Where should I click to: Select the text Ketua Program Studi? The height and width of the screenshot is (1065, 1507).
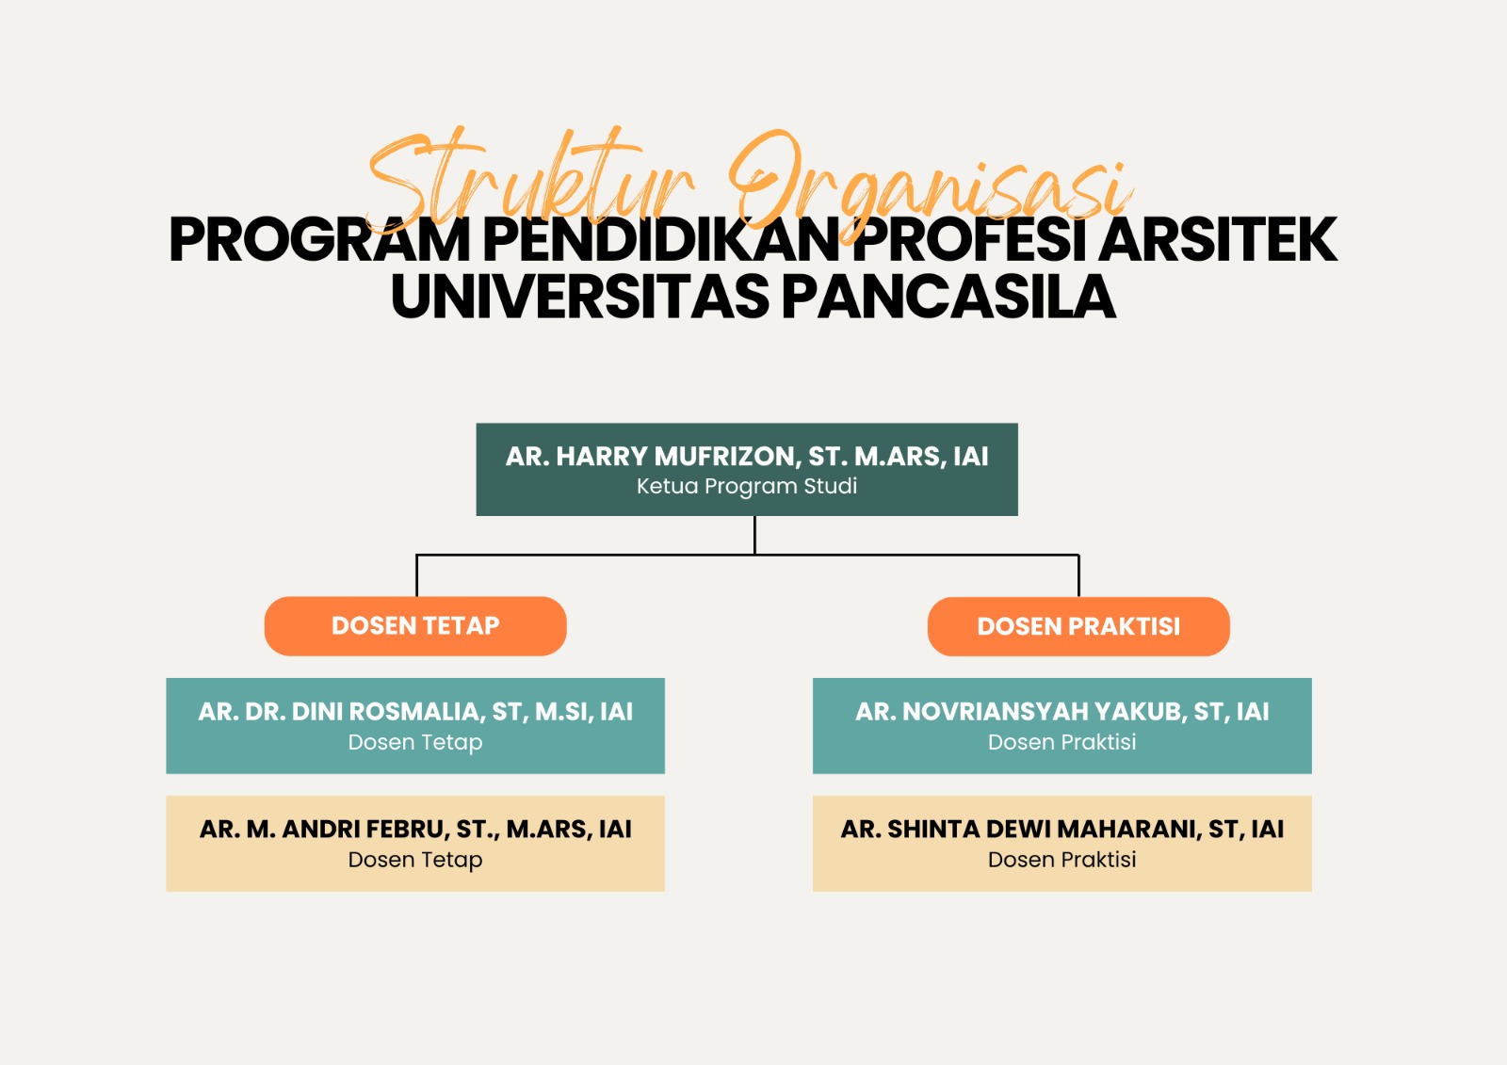click(747, 486)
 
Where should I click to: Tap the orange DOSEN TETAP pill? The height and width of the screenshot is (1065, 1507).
click(415, 625)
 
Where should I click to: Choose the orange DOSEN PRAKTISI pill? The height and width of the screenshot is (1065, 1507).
click(1078, 626)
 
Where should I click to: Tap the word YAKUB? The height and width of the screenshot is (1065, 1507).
click(1141, 712)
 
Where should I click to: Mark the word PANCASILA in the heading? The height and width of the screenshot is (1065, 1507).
click(948, 296)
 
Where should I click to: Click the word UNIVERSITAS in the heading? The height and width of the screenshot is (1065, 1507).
click(579, 296)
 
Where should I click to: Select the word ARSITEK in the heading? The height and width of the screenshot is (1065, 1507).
click(1217, 239)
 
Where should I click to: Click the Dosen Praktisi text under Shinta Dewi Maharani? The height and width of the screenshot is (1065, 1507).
click(1061, 859)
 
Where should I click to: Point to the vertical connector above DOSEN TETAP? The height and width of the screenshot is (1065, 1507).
click(416, 575)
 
